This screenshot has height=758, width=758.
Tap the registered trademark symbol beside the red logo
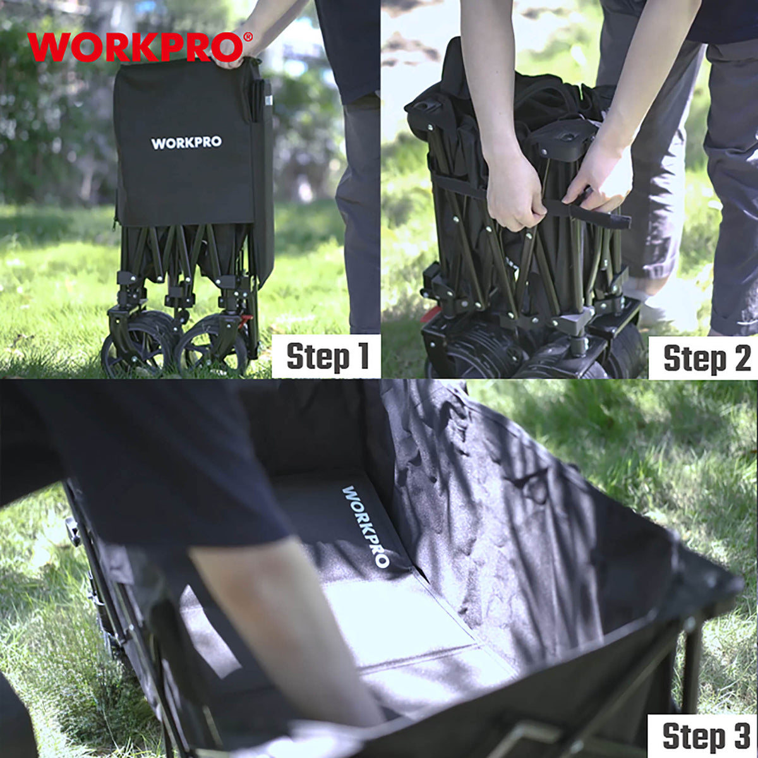(248, 37)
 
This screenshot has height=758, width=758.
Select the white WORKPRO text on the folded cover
(186, 143)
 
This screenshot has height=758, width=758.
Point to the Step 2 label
(707, 358)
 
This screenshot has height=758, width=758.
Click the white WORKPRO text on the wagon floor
(366, 526)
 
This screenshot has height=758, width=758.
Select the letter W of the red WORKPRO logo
(50, 47)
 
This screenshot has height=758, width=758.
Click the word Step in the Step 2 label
(694, 359)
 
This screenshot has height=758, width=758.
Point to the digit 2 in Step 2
(741, 357)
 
